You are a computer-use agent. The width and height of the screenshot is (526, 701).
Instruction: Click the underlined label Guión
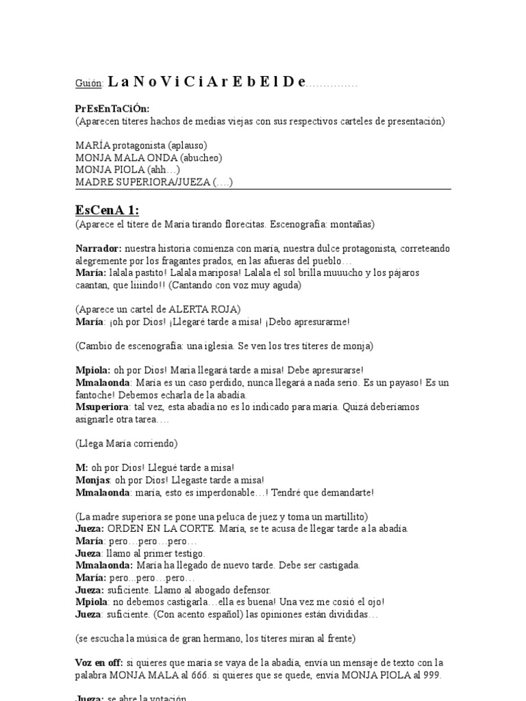(x=89, y=84)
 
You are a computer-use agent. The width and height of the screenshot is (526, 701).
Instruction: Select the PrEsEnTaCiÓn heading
(x=112, y=109)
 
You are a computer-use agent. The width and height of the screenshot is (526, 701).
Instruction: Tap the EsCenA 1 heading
(x=107, y=209)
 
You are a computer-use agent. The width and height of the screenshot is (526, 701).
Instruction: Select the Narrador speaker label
(x=99, y=248)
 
